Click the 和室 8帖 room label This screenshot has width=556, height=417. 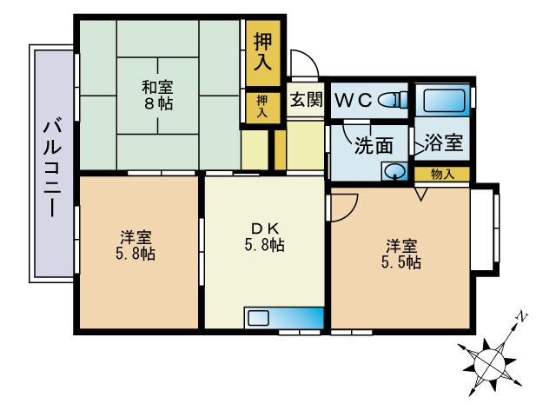158,94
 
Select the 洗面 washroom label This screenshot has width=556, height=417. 373,145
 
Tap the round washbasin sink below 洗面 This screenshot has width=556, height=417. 394,171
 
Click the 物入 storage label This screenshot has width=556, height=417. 442,174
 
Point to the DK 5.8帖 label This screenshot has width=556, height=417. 263,236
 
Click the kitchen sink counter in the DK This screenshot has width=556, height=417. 283,317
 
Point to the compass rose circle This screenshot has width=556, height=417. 492,358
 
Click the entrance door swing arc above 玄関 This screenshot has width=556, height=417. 303,63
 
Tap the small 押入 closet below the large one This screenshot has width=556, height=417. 261,108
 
